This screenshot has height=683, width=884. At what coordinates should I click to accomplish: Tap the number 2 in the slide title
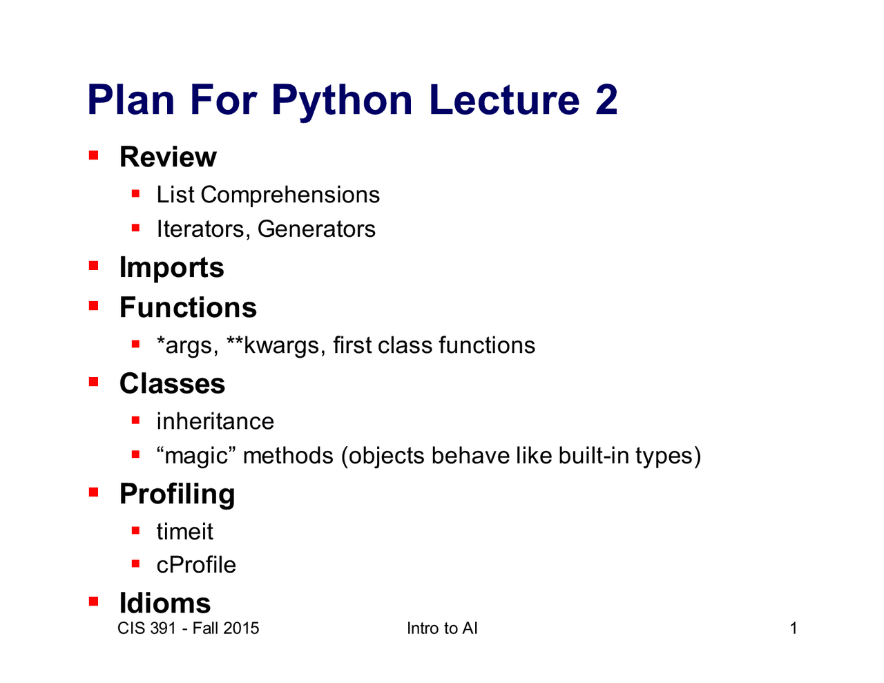(606, 99)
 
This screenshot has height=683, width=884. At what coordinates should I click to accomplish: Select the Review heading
(168, 157)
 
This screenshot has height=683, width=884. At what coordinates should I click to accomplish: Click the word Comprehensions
(289, 195)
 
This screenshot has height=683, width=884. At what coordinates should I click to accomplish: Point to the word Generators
(316, 229)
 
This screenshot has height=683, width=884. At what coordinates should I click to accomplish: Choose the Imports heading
(171, 268)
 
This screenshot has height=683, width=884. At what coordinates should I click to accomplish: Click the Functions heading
(188, 307)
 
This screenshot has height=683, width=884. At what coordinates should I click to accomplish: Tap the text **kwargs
(276, 346)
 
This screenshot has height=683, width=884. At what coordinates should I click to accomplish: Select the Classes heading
(172, 383)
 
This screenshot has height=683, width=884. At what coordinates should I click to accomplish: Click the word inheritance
(215, 421)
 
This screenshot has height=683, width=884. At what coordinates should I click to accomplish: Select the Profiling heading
(177, 494)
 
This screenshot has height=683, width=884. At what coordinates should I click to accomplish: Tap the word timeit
(184, 531)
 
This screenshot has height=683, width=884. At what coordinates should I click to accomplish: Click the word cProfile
(196, 565)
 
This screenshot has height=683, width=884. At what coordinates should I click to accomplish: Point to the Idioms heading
(165, 603)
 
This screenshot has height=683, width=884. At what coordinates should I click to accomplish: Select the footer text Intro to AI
(442, 628)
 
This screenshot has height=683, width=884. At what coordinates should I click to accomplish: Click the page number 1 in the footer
(793, 628)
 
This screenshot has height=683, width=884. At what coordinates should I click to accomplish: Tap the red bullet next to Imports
(93, 266)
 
